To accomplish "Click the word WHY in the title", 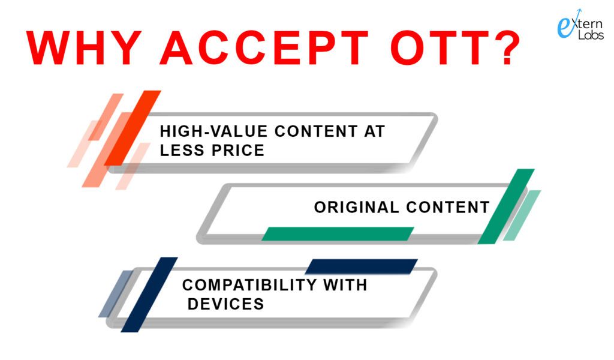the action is (x=84, y=47).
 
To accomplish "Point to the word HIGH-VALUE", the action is (x=214, y=131).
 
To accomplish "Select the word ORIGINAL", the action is (x=356, y=207).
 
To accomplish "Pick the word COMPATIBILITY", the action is (x=249, y=285).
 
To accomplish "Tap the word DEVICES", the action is (x=226, y=304).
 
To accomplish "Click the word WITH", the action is (x=345, y=285).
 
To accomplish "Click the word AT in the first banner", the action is (x=375, y=131).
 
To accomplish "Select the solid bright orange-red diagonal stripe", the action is (x=133, y=128).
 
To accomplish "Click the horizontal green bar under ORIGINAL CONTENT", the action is (x=338, y=234).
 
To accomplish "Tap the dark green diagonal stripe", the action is (x=506, y=206).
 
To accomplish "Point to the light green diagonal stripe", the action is (x=522, y=215).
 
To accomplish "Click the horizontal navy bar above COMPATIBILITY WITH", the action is (x=362, y=266).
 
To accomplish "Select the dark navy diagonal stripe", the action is (x=149, y=295).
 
